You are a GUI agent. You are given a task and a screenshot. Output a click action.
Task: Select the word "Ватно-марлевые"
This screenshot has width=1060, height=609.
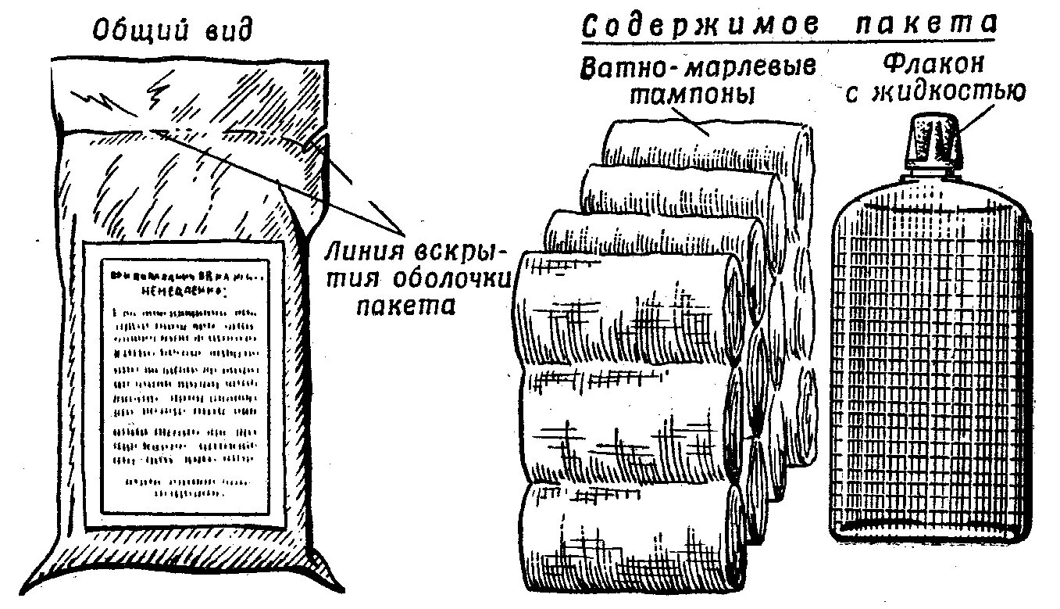click(x=698, y=66)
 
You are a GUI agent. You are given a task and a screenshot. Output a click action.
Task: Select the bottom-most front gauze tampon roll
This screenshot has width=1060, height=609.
click(x=625, y=539)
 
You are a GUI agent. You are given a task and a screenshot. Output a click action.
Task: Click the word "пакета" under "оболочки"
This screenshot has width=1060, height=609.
click(x=405, y=305)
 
